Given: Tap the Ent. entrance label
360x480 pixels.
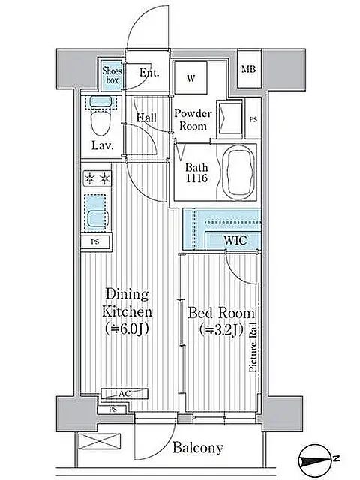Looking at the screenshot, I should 150,73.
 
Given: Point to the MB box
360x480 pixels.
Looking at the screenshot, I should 247,70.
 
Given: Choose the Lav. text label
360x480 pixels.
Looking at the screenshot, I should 102,146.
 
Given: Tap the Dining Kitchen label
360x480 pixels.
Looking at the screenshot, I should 128,310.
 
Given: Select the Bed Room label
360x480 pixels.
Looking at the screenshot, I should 220,320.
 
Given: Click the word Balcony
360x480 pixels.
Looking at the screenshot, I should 198,448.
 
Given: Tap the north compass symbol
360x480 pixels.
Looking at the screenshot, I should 319,457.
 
